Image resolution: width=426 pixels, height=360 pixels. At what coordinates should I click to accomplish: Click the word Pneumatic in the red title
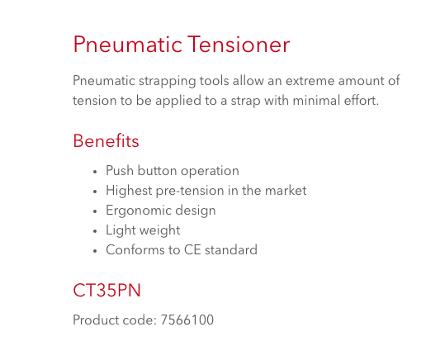pos(127,44)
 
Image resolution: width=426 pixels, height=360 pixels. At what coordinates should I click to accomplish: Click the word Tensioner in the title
pos(239,44)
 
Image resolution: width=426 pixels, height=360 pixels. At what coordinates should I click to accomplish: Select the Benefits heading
pos(106,141)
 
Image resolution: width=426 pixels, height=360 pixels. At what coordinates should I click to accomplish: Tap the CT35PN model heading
pos(106,290)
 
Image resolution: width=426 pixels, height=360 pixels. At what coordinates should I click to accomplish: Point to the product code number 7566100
pos(187,320)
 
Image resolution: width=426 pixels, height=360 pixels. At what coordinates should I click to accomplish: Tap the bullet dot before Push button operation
pos(95,172)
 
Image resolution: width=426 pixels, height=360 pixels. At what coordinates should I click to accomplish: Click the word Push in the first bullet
pos(120,170)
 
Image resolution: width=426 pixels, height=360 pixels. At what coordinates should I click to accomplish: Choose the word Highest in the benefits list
pos(129,191)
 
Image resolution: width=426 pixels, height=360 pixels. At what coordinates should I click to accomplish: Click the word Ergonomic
pos(139,211)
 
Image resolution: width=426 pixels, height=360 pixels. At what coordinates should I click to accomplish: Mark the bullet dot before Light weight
pos(95,231)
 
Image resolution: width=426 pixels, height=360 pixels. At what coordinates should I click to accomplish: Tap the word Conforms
pos(135,250)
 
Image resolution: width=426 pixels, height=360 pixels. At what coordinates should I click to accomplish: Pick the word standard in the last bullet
pos(231,250)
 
